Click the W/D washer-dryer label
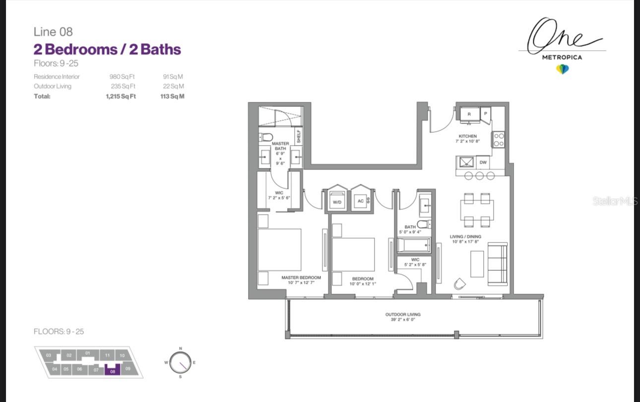337,202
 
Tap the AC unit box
361,201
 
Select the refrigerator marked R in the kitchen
470,114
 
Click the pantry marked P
485,114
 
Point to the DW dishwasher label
483,162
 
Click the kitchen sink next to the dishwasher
466,162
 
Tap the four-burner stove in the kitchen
499,140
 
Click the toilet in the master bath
266,137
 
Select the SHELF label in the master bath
299,136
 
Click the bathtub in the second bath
414,245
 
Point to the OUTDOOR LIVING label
403,315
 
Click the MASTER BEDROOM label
301,278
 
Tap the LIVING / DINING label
465,237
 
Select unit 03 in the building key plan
49,355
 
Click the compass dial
180,363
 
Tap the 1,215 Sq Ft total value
121,96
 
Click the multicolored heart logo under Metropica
562,69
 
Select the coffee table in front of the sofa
477,264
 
